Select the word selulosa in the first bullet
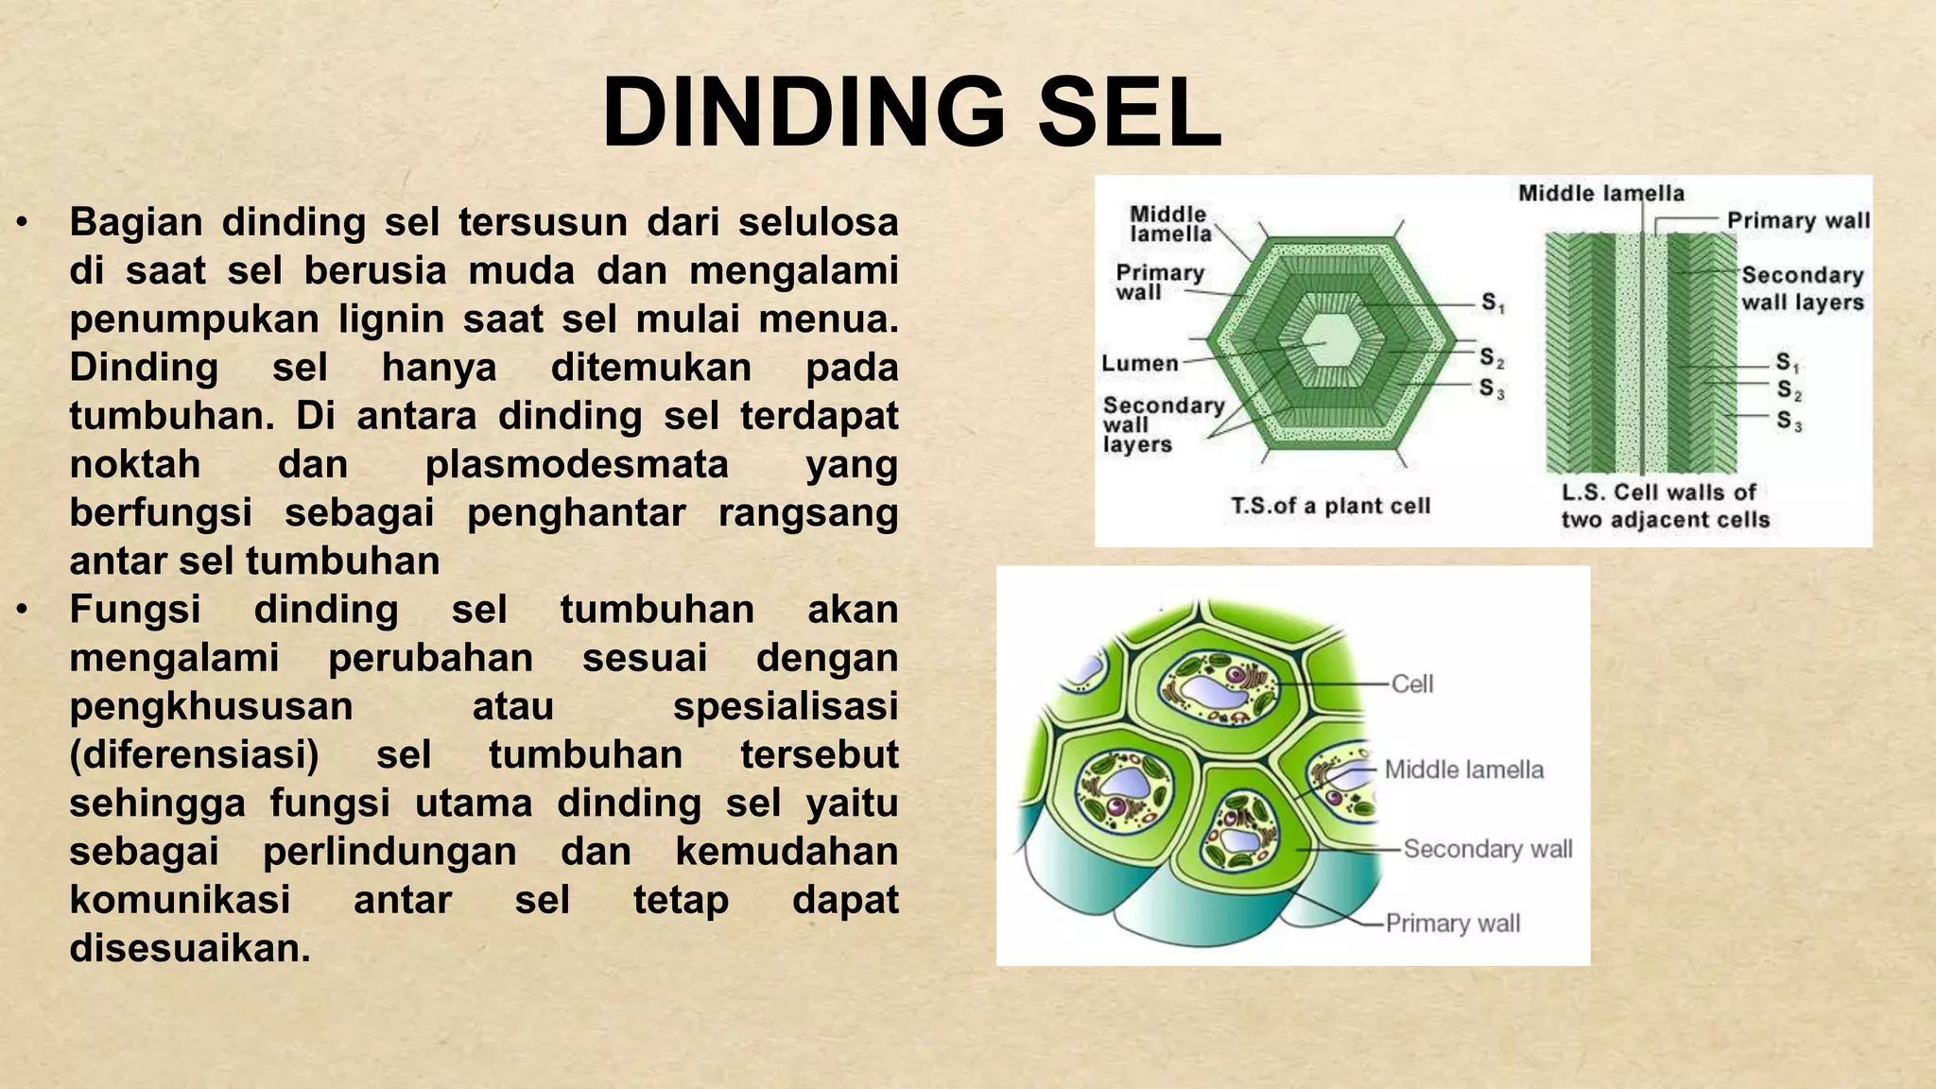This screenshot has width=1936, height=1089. [818, 222]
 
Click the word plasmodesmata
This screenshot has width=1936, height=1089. [577, 464]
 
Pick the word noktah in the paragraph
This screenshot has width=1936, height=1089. [135, 464]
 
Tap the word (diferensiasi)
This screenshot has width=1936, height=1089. [194, 754]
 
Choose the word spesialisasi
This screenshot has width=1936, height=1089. [785, 706]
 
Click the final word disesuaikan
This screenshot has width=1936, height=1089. [189, 947]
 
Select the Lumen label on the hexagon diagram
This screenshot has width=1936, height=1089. [1140, 363]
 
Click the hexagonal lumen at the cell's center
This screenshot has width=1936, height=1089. [1327, 339]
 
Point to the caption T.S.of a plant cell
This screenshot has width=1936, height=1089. [1330, 506]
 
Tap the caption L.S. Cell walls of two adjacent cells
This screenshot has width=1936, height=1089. [1664, 506]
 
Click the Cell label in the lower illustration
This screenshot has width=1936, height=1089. [1412, 683]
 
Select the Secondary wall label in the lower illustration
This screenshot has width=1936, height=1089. [1488, 849]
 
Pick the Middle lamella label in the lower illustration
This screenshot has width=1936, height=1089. [1463, 769]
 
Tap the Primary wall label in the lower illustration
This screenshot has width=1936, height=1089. [1453, 923]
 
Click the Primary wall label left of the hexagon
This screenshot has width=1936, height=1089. [1160, 282]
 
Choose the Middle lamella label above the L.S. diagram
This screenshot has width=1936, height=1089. [1601, 194]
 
